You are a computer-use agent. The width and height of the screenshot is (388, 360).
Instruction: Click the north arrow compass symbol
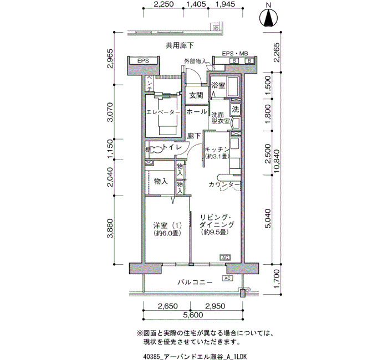[269, 18]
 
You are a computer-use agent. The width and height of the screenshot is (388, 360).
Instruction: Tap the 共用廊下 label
[180, 45]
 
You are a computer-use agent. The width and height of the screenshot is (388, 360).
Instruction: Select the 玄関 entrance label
[196, 95]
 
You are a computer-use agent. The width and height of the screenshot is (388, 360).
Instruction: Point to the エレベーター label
[164, 112]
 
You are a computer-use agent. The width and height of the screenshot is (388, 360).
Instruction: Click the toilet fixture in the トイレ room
[156, 150]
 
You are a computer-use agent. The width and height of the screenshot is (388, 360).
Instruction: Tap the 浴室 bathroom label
[218, 85]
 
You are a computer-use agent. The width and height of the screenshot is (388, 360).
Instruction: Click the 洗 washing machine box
[236, 109]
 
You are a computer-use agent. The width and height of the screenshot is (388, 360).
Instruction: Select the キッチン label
[217, 150]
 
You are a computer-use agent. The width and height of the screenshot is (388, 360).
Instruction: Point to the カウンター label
[224, 184]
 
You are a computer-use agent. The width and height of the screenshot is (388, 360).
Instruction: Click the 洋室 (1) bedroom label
[167, 225]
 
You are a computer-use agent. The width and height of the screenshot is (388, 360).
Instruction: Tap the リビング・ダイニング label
[217, 221]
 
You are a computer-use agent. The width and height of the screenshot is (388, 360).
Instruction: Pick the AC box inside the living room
[225, 258]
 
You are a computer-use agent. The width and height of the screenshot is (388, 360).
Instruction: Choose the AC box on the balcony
[227, 278]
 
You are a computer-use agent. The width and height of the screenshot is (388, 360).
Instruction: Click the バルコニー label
[195, 282]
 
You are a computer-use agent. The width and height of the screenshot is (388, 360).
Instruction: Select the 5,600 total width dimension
[192, 315]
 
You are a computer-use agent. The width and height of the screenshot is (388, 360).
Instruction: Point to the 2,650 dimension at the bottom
[167, 306]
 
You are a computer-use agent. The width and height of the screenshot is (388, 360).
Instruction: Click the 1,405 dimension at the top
[196, 4]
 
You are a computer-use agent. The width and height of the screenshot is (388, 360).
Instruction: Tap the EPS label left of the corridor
[143, 60]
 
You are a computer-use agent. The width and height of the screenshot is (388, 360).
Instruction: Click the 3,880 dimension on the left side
[110, 228]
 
